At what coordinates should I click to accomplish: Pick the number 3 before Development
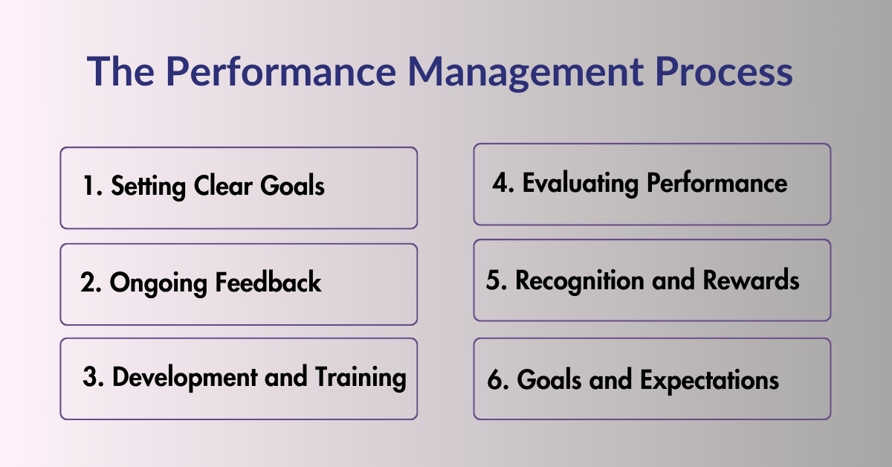click(91, 377)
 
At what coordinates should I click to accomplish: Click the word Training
click(361, 378)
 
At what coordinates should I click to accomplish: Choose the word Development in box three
click(187, 377)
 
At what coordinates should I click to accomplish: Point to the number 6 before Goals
click(497, 380)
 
